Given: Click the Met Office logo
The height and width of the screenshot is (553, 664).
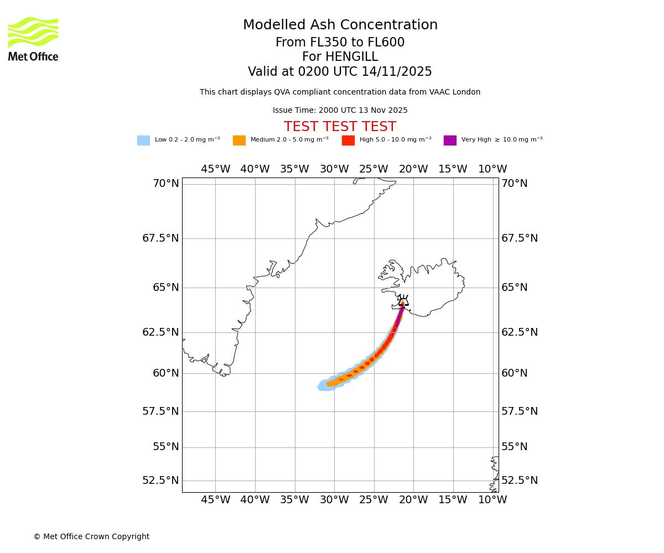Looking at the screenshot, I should tap(33, 39).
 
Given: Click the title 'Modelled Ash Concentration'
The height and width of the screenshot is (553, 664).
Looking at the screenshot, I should tap(340, 25).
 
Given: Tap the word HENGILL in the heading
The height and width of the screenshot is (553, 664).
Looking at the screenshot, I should tap(340, 57).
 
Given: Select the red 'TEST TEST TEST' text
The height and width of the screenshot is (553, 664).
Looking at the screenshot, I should tap(340, 127).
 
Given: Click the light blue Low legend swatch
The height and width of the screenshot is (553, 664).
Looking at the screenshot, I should tap(143, 140).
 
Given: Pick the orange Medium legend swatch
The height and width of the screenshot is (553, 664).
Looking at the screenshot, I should tap(239, 140).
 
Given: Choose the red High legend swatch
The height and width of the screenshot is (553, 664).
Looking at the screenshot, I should tap(348, 140).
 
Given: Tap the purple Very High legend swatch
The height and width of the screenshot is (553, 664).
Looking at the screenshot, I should tap(450, 140).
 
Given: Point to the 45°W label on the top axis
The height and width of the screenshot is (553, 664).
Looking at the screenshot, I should tap(215, 169).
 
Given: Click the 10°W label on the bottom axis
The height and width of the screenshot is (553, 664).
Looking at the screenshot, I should tap(492, 500).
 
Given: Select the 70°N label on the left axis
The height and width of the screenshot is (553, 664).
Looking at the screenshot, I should tap(165, 184).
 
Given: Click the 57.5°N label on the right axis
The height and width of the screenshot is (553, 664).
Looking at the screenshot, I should tap(520, 411).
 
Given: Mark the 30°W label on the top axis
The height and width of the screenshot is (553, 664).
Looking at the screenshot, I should tap(334, 169).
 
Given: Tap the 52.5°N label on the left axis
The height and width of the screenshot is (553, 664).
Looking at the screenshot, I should tap(160, 481).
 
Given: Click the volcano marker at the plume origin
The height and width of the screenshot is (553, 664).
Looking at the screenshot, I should tap(403, 302).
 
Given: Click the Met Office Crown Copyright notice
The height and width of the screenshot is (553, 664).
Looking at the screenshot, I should tap(91, 537).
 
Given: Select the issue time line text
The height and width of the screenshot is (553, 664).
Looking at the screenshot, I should tap(340, 111).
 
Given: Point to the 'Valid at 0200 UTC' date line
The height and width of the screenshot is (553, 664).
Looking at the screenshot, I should tap(340, 72).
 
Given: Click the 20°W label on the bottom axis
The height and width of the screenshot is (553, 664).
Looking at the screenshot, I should tap(413, 500).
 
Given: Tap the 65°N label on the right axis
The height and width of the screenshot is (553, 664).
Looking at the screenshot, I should tap(515, 288).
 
